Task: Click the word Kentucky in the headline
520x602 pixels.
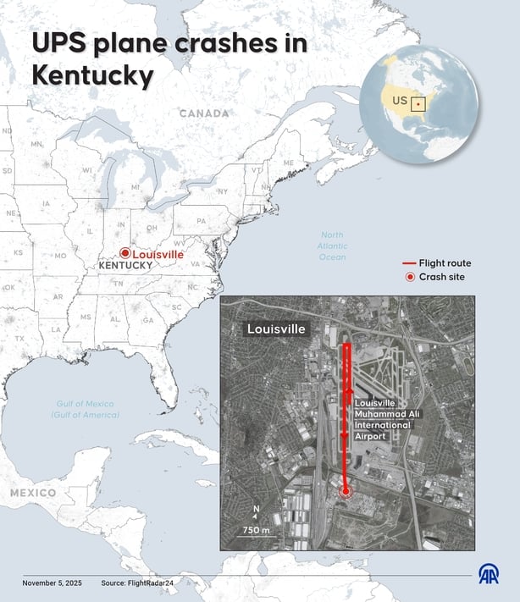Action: tap(93, 76)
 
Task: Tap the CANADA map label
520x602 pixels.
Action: tap(204, 113)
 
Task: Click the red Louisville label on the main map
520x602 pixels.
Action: tap(158, 253)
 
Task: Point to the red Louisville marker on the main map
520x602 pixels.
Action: tap(124, 253)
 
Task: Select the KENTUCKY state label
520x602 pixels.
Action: tap(126, 265)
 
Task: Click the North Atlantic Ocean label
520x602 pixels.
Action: tap(333, 246)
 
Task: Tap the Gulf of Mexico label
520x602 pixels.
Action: tap(85, 409)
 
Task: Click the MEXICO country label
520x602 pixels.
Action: tap(33, 492)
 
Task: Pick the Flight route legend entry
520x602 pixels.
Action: tap(436, 263)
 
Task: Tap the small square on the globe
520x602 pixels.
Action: tap(418, 104)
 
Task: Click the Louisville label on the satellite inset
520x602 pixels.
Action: tap(276, 329)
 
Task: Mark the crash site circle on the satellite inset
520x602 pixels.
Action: tap(345, 491)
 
